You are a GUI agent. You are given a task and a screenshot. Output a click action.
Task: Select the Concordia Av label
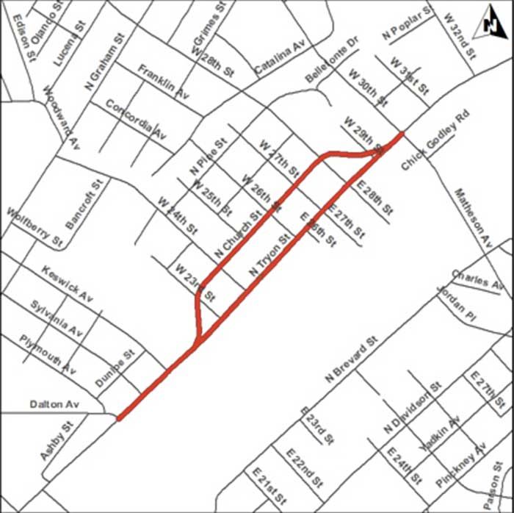coord(137,118)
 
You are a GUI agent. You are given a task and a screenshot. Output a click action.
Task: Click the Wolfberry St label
coord(35,226)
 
